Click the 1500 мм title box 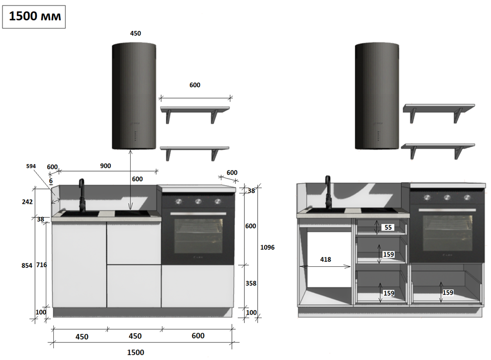point(34,16)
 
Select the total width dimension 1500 point(136,352)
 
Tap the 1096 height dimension point(267,247)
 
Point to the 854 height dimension point(27,265)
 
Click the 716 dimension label point(41,265)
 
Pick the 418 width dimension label point(326,259)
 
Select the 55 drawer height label point(388,227)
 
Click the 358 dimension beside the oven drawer point(251,283)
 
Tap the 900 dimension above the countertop point(106,166)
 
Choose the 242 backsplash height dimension point(27,202)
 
